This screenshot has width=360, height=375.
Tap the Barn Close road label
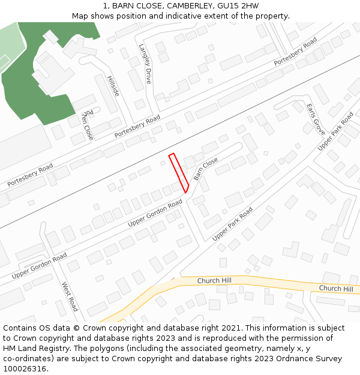(206, 170)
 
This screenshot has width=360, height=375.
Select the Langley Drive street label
(145, 63)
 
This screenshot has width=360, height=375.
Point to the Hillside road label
(113, 86)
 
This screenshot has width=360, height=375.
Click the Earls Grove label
(315, 119)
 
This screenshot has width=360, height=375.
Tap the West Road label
(70, 296)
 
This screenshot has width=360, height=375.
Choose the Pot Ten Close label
(88, 124)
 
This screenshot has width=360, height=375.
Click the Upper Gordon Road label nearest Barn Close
(155, 214)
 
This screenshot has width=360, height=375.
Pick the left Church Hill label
(215, 280)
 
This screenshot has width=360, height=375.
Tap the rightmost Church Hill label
(336, 289)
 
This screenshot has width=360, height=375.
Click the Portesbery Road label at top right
(295, 52)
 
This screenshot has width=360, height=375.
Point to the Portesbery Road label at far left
(30, 175)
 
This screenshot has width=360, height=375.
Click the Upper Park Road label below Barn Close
(233, 224)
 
